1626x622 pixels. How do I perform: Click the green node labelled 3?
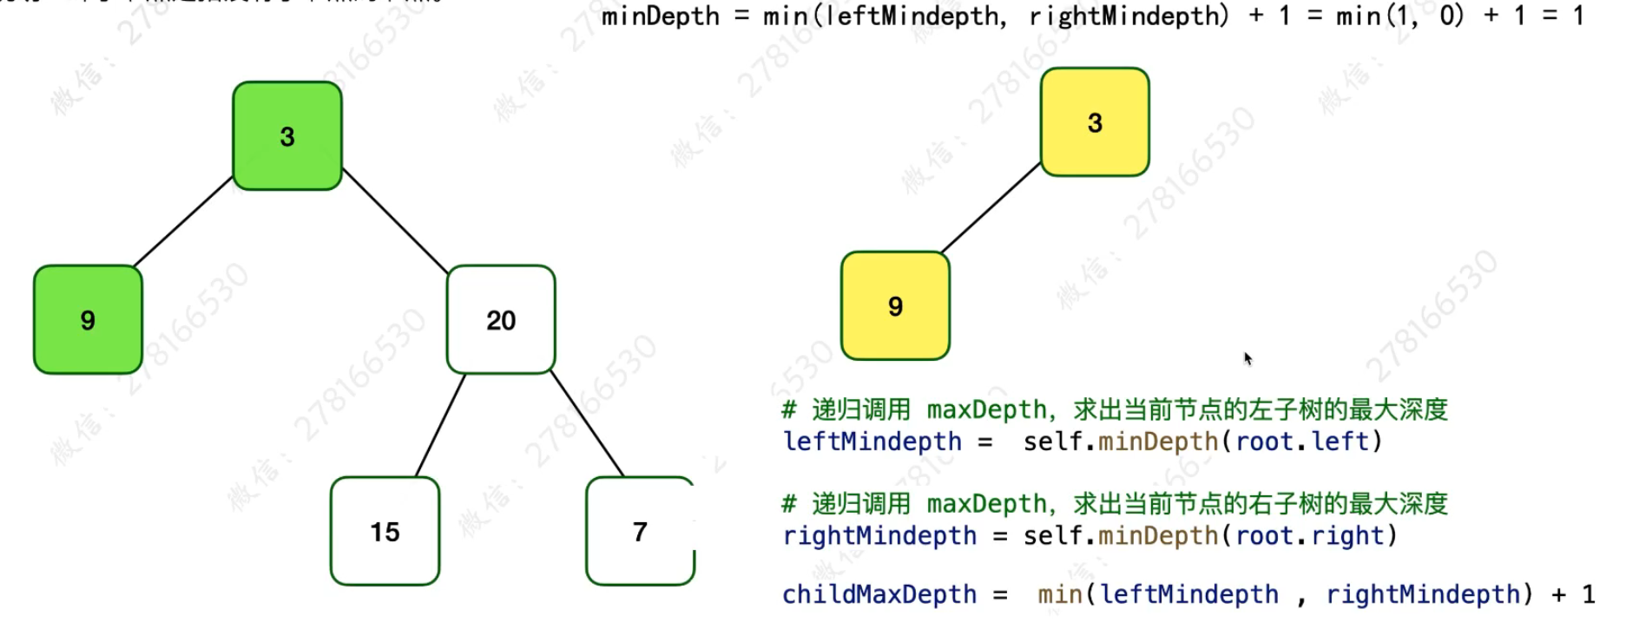[287, 136]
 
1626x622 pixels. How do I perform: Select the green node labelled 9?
[88, 320]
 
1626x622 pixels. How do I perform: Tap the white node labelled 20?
[501, 320]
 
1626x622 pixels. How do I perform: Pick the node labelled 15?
[385, 531]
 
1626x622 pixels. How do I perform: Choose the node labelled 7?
[640, 531]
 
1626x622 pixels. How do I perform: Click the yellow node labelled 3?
[1095, 122]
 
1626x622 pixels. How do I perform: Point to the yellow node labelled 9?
[895, 306]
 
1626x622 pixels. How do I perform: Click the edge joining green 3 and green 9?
[183, 221]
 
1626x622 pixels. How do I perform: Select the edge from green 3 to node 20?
[395, 221]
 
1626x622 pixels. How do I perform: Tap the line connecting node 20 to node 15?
[440, 425]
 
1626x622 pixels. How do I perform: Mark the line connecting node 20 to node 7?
[587, 425]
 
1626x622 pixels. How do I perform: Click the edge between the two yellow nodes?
[991, 208]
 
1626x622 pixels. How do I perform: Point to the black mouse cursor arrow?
[1247, 358]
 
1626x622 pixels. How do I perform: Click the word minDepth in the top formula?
[660, 16]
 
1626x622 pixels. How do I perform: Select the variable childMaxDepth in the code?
[879, 594]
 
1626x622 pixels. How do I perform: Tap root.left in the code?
[1301, 442]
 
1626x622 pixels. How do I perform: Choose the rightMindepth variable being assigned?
[879, 536]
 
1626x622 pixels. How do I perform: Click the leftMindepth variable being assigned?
[872, 442]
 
